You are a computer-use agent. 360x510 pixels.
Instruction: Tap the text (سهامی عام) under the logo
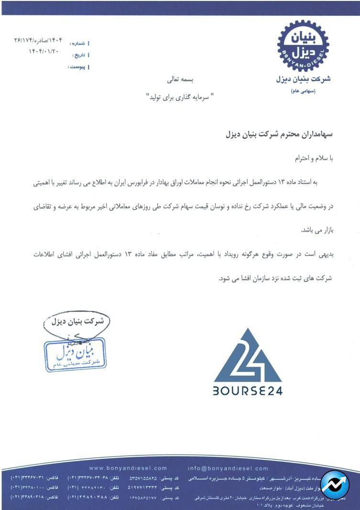(x=303, y=91)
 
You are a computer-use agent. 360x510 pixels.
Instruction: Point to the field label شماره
(x=78, y=44)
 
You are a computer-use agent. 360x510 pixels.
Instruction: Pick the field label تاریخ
(x=78, y=55)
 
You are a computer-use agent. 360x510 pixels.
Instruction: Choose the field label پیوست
(x=77, y=67)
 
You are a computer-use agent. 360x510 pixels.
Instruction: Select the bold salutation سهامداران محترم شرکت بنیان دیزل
(x=278, y=134)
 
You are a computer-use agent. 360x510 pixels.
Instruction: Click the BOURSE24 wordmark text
(x=248, y=390)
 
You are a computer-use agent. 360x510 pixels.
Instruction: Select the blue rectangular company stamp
(x=76, y=354)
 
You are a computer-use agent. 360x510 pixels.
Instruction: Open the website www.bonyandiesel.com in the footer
(x=128, y=468)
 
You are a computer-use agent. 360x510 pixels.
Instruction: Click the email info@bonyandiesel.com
(x=228, y=468)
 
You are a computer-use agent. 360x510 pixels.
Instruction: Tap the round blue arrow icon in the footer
(x=335, y=484)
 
